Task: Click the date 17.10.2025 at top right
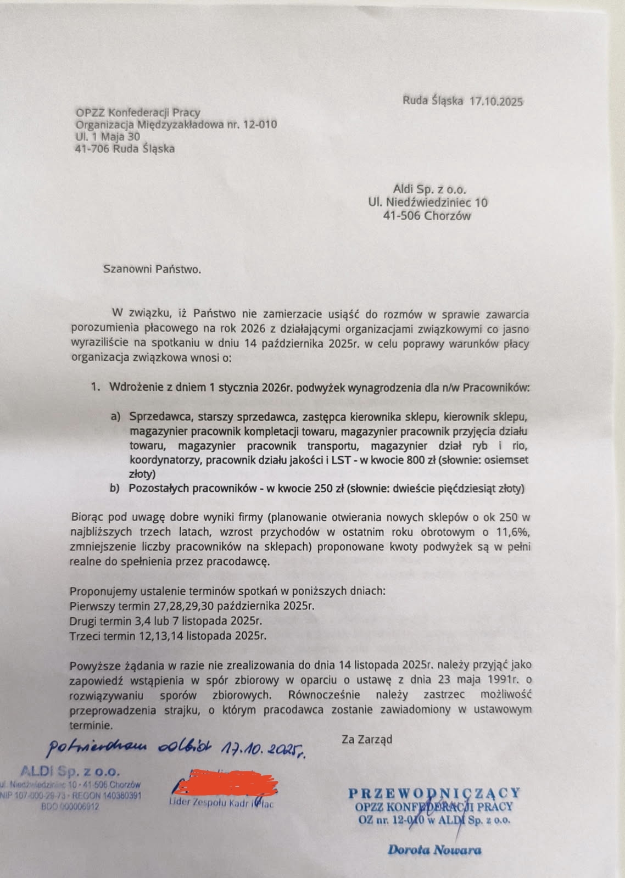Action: [496, 101]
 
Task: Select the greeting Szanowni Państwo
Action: [152, 269]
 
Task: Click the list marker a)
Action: [115, 417]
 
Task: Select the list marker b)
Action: [115, 488]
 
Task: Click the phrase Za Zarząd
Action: [367, 739]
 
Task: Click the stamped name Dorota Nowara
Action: [434, 850]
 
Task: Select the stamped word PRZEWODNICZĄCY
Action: [434, 793]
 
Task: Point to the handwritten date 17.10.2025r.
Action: [263, 748]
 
